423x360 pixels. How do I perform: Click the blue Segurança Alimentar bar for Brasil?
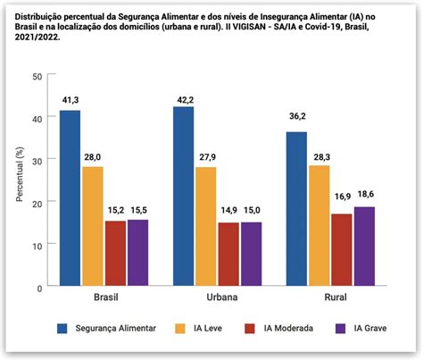70,198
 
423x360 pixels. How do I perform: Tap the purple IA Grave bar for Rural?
364,247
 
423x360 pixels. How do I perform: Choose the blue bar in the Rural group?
296,209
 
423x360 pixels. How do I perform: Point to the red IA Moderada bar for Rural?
341,250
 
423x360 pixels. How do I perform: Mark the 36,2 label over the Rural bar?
296,124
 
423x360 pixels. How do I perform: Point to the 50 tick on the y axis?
37,77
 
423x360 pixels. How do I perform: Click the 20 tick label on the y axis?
37,204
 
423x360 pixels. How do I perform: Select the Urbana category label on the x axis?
195,296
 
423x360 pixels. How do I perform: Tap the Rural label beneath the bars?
330,296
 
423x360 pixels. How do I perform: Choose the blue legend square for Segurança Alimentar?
63,328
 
